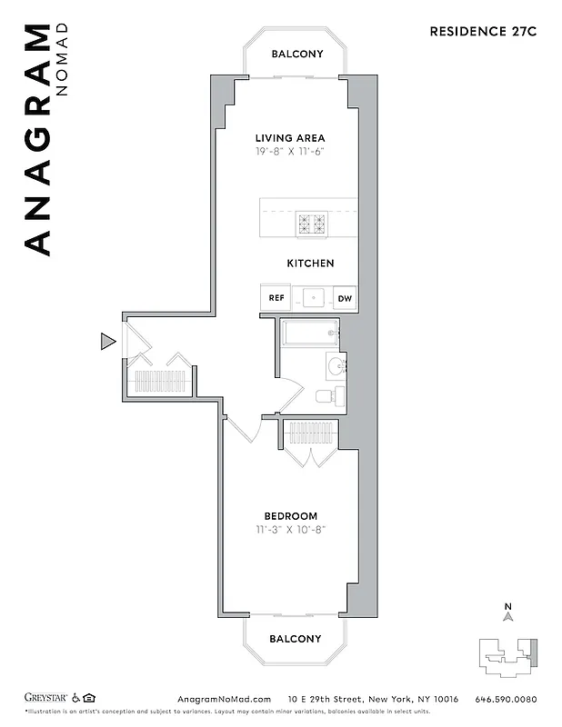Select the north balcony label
(x=297, y=54)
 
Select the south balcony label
(x=295, y=639)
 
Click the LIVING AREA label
(x=290, y=138)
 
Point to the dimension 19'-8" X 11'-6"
(x=290, y=152)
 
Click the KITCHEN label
(x=310, y=264)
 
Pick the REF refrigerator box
(x=276, y=298)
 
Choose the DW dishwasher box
(x=345, y=298)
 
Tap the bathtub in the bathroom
(x=309, y=333)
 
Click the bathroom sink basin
(x=336, y=367)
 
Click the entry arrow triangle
(x=107, y=342)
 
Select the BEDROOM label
(x=291, y=516)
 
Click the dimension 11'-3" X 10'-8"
(x=291, y=530)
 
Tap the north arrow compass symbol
(x=509, y=617)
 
